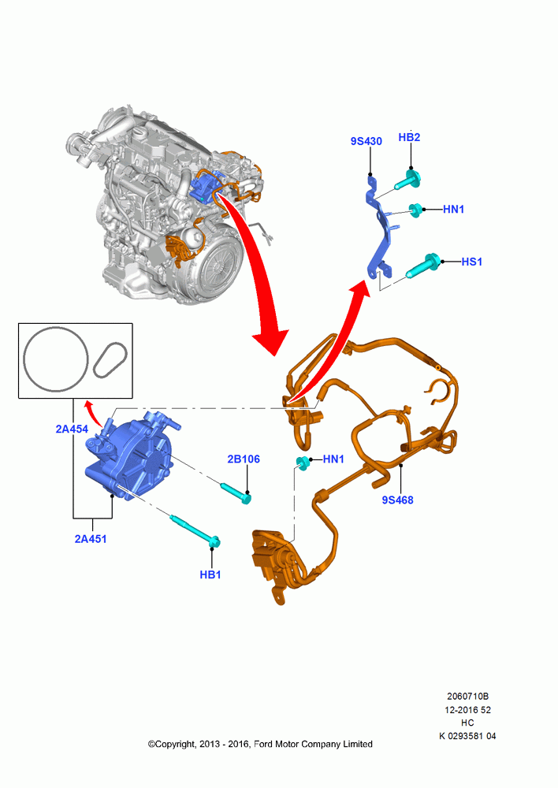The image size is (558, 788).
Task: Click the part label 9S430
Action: pyautogui.click(x=366, y=141)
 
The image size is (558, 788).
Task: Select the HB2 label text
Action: pyautogui.click(x=409, y=137)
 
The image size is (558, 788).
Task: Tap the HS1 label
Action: pyautogui.click(x=471, y=262)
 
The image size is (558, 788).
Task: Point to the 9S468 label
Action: pyautogui.click(x=398, y=500)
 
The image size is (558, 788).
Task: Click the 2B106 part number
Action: pyautogui.click(x=244, y=459)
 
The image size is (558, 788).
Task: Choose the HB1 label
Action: pyautogui.click(x=210, y=574)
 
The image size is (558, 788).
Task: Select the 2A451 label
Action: pyautogui.click(x=91, y=539)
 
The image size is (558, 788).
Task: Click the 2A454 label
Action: pyautogui.click(x=72, y=429)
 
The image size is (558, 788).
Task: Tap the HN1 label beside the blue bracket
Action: pyautogui.click(x=453, y=209)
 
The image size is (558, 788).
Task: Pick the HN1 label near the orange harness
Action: pyautogui.click(x=333, y=459)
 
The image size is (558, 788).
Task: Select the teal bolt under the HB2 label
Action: pyautogui.click(x=407, y=180)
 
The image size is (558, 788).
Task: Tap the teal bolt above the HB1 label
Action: pyautogui.click(x=196, y=530)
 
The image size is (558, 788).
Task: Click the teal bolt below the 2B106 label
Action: pyautogui.click(x=236, y=492)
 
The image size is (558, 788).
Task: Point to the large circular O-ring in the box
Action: pyautogui.click(x=55, y=359)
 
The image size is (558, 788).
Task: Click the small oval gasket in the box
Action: pyautogui.click(x=110, y=360)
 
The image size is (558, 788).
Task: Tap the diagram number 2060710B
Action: pyautogui.click(x=467, y=696)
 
